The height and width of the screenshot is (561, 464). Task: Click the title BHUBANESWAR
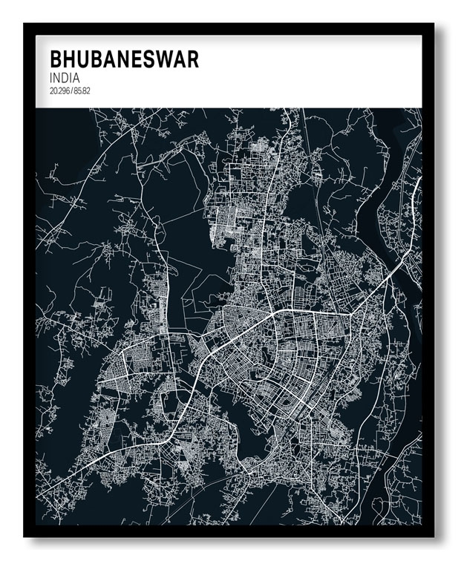pos(124,59)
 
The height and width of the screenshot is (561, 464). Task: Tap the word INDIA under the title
pos(66,77)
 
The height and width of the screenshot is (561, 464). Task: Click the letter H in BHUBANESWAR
pos(71,59)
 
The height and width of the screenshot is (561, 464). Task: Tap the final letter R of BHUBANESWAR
pos(192,59)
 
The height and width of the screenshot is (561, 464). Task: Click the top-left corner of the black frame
pos(24,24)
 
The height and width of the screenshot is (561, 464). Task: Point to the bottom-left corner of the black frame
pos(24,536)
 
